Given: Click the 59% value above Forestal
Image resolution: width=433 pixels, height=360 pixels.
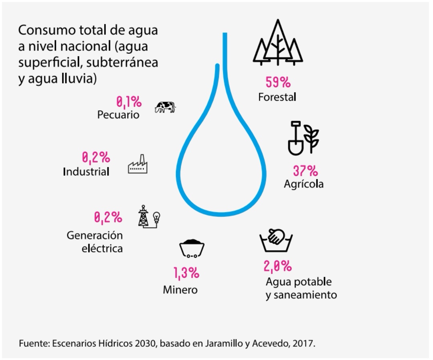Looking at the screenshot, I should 278,83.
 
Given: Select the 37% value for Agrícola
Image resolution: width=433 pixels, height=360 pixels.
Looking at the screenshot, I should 305,171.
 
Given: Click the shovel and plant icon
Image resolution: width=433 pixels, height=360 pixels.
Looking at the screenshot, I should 303,138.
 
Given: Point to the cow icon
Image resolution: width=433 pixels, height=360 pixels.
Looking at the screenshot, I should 165,107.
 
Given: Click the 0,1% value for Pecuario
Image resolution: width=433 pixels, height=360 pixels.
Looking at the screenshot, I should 129,102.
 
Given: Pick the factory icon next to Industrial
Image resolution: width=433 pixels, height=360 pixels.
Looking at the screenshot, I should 138,165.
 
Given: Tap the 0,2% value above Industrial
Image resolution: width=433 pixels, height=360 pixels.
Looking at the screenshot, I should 96,157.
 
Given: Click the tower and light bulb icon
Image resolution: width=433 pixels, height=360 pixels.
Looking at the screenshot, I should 148,217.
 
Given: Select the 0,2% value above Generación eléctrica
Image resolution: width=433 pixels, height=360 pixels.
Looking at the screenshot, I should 108,218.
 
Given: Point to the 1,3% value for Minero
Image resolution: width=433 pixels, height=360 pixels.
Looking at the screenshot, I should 186,274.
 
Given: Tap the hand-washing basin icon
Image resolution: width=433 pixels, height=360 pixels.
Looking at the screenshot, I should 276,240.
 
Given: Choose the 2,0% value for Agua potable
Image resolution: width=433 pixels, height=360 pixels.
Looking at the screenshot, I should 277,266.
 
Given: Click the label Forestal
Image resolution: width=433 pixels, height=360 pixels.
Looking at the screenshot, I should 277,97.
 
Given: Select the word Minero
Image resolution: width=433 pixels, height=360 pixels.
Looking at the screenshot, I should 180,290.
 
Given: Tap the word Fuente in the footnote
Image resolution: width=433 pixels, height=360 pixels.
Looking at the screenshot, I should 31,344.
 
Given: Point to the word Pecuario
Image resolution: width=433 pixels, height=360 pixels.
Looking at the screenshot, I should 118,115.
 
